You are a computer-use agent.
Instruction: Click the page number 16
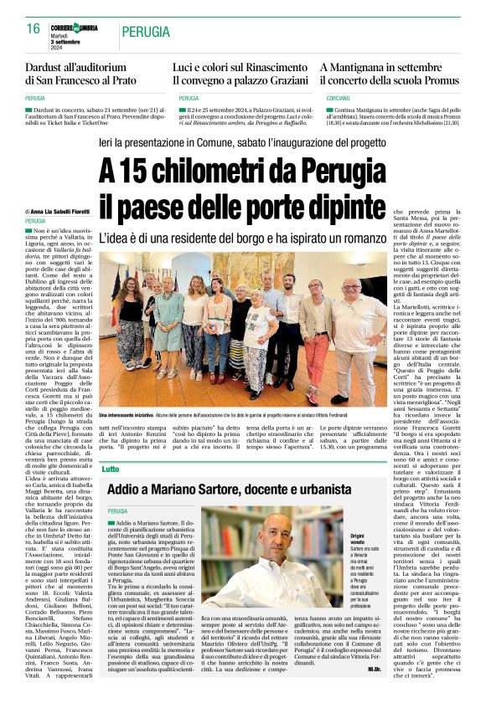[34, 29]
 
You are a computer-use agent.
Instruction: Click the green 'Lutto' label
[111, 469]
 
